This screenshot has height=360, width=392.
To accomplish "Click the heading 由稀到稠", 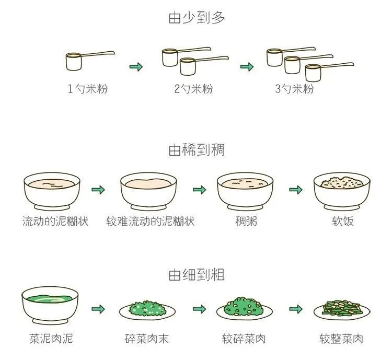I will [x=196, y=150].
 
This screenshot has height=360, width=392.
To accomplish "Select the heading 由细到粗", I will [x=196, y=275].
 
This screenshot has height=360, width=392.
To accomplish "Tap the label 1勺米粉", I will [x=87, y=89].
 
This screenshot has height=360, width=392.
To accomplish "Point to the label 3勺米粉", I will [x=294, y=89].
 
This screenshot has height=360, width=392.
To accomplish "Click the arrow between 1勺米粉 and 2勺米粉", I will [x=136, y=66].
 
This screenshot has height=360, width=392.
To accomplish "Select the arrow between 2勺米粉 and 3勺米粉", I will [x=247, y=66].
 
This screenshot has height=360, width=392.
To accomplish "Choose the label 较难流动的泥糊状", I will [x=150, y=221].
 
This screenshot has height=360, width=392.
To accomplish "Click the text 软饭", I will [x=343, y=221].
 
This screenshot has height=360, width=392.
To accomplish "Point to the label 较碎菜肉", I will [x=244, y=339].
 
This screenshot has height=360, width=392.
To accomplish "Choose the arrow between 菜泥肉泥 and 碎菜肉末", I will [x=98, y=309].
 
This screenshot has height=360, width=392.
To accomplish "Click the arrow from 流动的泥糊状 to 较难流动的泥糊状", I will [x=98, y=190].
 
